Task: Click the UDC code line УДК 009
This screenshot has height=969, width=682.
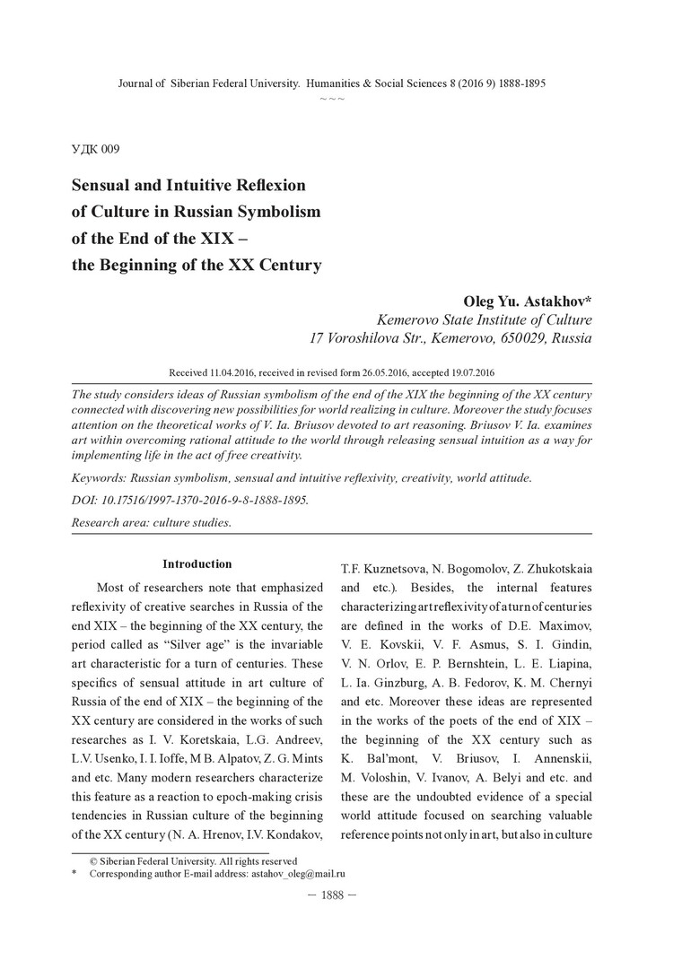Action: tap(94, 149)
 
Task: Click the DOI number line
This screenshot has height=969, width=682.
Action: tap(189, 501)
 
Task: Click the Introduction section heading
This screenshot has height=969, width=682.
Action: tap(197, 564)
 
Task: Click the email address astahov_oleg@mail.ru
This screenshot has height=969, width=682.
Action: tap(302, 873)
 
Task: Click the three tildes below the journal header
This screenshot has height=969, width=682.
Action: tap(332, 97)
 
